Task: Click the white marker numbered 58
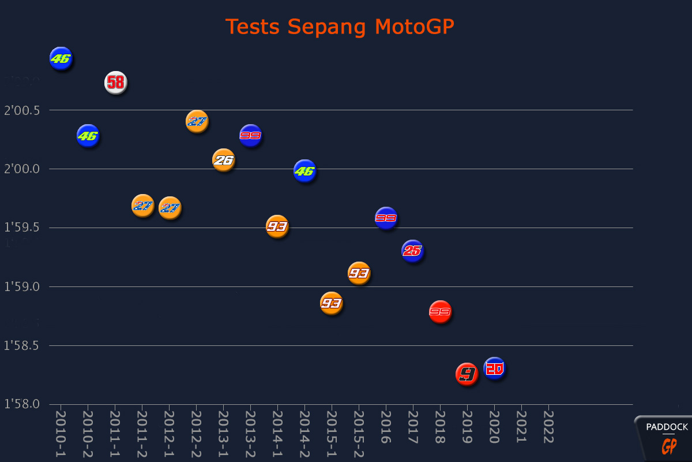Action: point(115,83)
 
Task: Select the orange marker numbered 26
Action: point(223,160)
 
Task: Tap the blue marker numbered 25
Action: point(412,251)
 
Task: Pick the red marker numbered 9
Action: point(467,374)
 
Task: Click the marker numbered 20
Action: point(494,368)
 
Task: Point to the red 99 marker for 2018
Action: point(440,312)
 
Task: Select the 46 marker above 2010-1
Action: point(61,58)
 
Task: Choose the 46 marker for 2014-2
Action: point(304,171)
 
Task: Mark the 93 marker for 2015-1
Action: point(331,303)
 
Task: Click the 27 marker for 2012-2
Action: point(197,121)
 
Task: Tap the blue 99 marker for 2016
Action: point(386,218)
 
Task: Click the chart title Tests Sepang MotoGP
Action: point(340,27)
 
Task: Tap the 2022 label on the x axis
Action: point(548,427)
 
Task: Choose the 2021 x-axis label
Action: point(521,427)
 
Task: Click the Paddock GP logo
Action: point(666,438)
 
